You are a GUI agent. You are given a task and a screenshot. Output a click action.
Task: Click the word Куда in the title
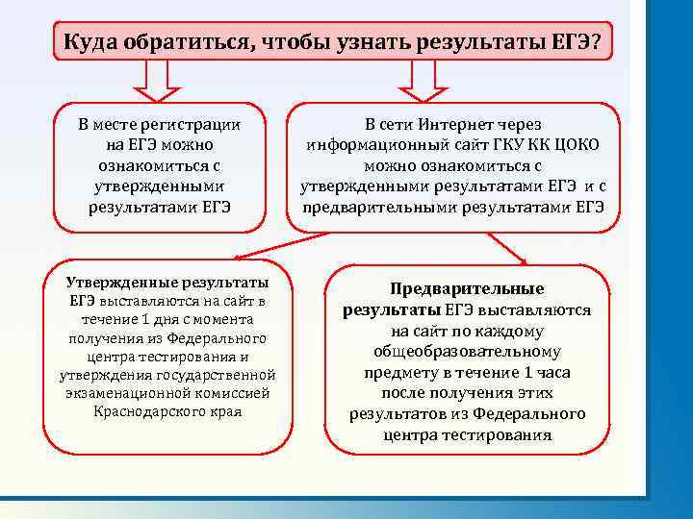(90, 42)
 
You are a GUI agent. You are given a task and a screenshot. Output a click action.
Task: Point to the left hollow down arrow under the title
(166, 81)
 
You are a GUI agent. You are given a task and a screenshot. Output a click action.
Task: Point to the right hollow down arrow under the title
(431, 81)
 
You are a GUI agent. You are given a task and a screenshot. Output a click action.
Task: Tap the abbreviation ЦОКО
(577, 145)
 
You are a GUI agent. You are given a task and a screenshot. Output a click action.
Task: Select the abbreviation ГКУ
(502, 145)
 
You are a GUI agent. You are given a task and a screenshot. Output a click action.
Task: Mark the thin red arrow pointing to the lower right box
(505, 249)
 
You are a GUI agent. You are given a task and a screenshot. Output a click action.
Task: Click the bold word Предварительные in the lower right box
(467, 288)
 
